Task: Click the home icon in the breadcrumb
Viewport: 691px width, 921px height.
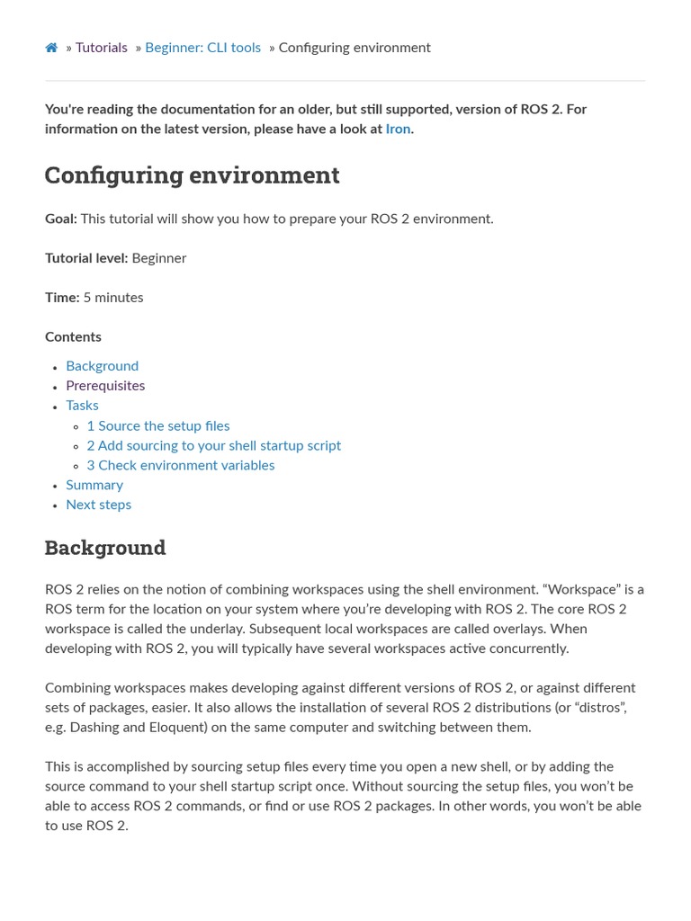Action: (x=51, y=48)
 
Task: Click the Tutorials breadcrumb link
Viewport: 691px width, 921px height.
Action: (x=101, y=48)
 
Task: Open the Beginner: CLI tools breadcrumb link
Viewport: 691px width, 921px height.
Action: (x=202, y=48)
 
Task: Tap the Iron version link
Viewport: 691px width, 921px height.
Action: (x=398, y=129)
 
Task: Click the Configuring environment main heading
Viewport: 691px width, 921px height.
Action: (x=192, y=174)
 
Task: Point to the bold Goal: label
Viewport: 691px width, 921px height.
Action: (x=60, y=219)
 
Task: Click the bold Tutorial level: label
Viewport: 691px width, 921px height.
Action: (x=86, y=258)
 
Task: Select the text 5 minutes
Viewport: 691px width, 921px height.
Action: (x=112, y=298)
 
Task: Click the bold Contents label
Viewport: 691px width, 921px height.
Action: (x=73, y=337)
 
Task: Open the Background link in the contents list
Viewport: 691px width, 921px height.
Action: (x=102, y=366)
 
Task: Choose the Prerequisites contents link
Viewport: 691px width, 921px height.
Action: (x=105, y=386)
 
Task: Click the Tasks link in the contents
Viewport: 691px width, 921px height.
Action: (x=82, y=406)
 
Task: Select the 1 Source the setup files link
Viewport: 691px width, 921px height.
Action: (x=158, y=426)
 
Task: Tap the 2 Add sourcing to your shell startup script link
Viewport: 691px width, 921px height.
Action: (x=213, y=446)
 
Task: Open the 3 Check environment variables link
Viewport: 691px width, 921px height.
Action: (x=181, y=466)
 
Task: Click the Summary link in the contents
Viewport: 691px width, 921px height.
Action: (x=94, y=486)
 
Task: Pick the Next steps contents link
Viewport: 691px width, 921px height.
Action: (x=98, y=505)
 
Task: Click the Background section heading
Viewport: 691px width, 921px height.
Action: (x=105, y=548)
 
